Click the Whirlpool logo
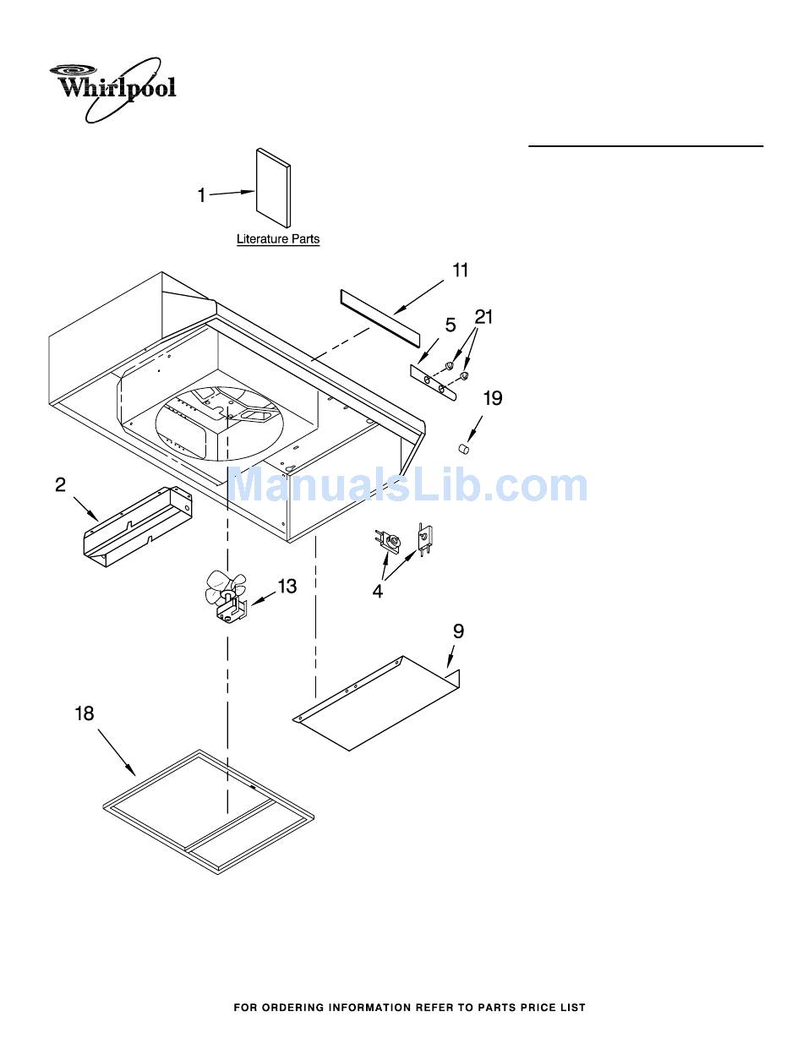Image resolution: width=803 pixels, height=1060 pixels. (113, 87)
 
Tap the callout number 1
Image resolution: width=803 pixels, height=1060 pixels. (202, 196)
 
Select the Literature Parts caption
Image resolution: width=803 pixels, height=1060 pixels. (278, 239)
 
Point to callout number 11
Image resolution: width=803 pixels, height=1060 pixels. (460, 270)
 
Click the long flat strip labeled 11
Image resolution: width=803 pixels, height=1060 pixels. (380, 317)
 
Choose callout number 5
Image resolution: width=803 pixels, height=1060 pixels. (451, 325)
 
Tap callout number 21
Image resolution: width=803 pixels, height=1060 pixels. (483, 317)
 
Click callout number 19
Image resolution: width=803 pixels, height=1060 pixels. (493, 398)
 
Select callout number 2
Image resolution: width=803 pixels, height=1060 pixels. (61, 485)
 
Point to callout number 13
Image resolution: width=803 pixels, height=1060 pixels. (287, 586)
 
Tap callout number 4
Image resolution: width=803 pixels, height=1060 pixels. (378, 592)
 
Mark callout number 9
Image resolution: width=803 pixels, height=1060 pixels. (458, 631)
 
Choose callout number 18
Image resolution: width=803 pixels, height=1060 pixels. (85, 713)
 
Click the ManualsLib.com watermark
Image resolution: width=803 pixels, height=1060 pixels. (408, 486)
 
